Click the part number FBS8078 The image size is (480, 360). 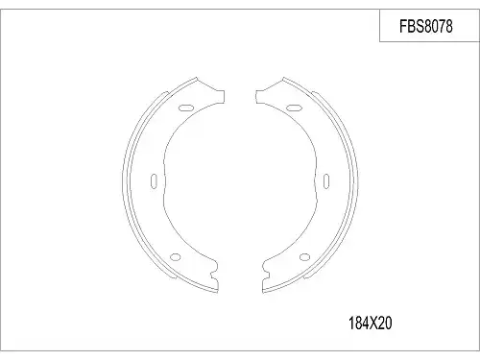click(x=426, y=26)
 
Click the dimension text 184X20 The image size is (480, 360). click(x=370, y=324)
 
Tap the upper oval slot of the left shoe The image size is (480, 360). click(x=185, y=108)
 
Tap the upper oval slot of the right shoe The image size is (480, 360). click(x=294, y=108)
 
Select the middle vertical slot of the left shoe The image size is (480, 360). click(x=154, y=181)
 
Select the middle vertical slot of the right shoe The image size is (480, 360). click(x=326, y=181)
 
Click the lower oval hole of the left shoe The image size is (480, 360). click(x=176, y=256)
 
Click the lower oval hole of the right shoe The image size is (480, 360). click(x=304, y=256)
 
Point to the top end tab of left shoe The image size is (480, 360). click(x=220, y=96)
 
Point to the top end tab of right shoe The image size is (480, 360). click(x=260, y=96)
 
